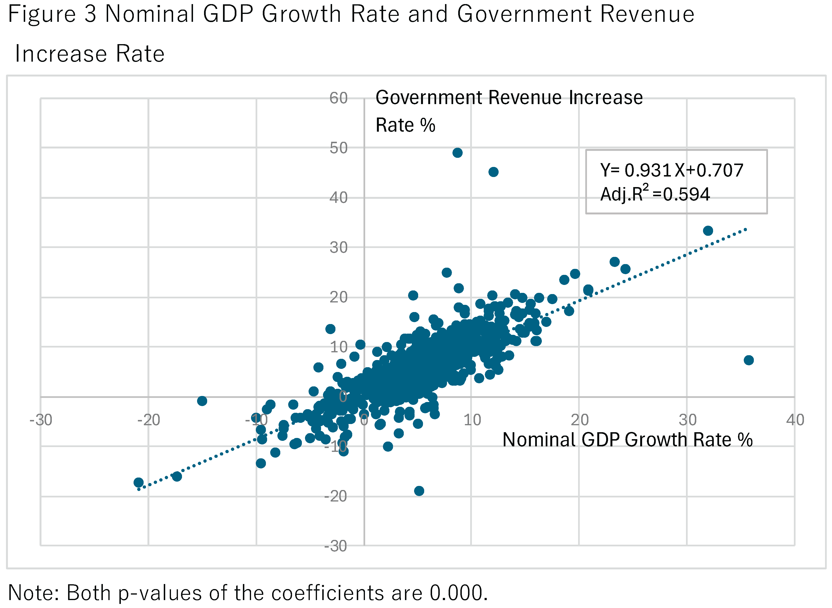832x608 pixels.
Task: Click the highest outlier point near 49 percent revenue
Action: click(x=457, y=153)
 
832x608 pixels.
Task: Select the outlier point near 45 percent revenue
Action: click(x=493, y=172)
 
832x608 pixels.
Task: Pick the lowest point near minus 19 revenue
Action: click(x=419, y=490)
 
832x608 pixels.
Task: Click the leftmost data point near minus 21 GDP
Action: click(x=139, y=482)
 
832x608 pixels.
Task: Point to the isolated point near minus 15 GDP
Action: click(x=202, y=401)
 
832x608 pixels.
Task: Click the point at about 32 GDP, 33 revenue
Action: click(x=708, y=231)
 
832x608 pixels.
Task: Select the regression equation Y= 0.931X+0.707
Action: click(x=671, y=170)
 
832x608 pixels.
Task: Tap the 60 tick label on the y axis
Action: click(x=338, y=98)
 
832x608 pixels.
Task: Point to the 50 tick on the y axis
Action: click(x=338, y=148)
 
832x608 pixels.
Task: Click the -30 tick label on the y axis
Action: click(x=335, y=546)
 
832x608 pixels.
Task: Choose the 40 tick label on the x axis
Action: click(x=795, y=420)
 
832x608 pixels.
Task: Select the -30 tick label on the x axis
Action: click(x=41, y=420)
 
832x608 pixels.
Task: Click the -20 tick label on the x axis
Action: click(x=149, y=420)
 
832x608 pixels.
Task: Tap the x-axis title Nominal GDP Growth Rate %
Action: click(x=627, y=439)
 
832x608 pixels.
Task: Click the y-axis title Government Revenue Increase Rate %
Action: click(x=509, y=111)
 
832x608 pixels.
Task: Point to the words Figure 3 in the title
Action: click(x=52, y=14)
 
